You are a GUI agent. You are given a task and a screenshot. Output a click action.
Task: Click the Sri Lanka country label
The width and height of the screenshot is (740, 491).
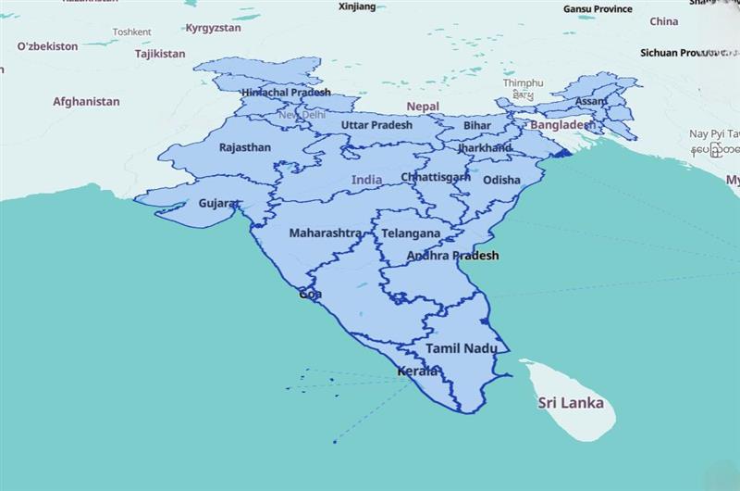(x=571, y=403)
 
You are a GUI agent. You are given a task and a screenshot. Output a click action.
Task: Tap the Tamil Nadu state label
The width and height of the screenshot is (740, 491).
(x=462, y=348)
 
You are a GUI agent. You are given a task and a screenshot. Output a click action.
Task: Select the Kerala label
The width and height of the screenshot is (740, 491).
(x=417, y=371)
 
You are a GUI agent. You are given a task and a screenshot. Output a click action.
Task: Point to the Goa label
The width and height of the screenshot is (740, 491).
(x=311, y=294)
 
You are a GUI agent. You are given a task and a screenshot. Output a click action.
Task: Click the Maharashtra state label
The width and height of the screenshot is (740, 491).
(x=325, y=233)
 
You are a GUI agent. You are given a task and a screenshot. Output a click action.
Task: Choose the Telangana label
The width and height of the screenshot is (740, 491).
(x=410, y=234)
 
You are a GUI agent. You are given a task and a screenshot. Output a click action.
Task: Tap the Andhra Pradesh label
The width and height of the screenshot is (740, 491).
(x=452, y=256)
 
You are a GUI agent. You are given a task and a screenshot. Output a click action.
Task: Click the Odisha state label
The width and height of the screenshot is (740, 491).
(x=501, y=180)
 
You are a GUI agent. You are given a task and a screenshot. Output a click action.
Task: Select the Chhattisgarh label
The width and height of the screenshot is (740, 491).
(x=436, y=177)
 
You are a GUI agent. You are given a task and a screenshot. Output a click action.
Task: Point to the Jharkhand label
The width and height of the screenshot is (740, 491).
(x=484, y=147)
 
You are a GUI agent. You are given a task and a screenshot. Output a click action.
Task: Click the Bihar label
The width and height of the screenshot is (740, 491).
(x=477, y=125)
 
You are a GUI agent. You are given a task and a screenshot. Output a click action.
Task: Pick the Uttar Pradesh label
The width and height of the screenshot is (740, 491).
(x=376, y=125)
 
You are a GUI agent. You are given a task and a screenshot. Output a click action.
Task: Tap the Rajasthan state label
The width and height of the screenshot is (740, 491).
(x=245, y=147)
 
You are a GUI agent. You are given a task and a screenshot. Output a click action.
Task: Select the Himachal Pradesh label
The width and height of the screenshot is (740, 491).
(x=285, y=93)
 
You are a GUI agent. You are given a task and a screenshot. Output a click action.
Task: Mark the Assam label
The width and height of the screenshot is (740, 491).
(x=590, y=101)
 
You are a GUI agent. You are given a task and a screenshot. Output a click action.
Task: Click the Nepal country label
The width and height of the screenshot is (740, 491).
(x=422, y=107)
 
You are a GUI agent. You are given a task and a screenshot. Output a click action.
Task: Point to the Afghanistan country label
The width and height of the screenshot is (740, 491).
(x=86, y=101)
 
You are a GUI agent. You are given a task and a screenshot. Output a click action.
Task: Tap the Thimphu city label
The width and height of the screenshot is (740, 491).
(x=523, y=82)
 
